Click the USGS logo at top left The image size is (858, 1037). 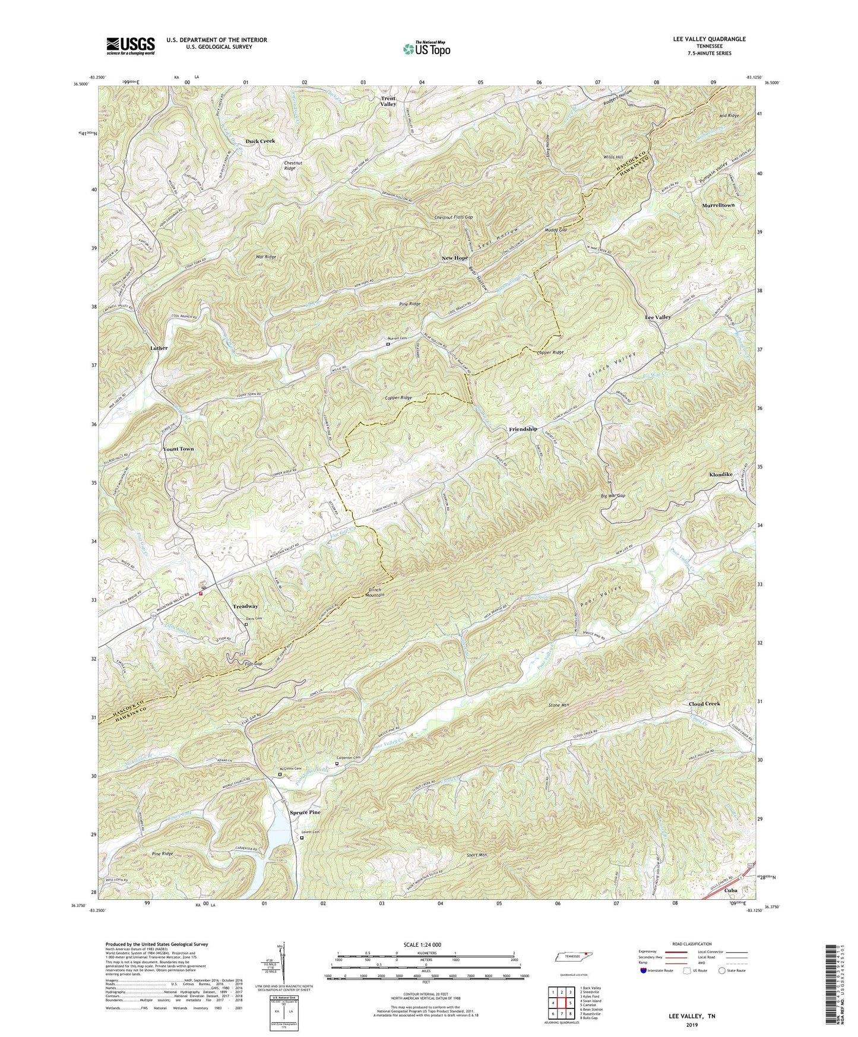(x=131, y=46)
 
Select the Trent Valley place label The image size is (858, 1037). (x=388, y=100)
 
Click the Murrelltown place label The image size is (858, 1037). (x=718, y=205)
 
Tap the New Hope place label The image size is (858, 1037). (x=454, y=258)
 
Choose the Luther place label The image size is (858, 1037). (x=159, y=348)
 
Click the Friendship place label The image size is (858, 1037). (x=523, y=429)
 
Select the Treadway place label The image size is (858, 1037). (x=245, y=606)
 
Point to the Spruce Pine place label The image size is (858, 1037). (x=305, y=812)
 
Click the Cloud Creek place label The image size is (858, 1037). (x=704, y=703)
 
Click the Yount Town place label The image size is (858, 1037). (x=178, y=449)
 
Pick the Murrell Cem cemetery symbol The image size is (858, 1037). (x=388, y=344)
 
